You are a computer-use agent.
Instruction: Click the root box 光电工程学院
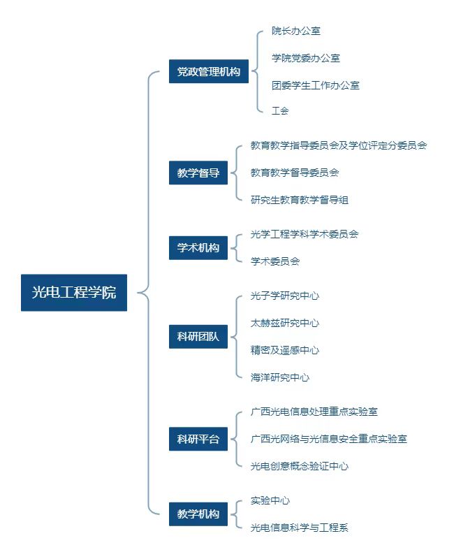pyautogui.click(x=74, y=292)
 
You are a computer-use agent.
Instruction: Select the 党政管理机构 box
pyautogui.click(x=208, y=71)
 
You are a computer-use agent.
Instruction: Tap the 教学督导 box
pyautogui.click(x=198, y=173)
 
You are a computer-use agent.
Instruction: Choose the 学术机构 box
pyautogui.click(x=198, y=248)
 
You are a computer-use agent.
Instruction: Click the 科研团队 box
pyautogui.click(x=198, y=337)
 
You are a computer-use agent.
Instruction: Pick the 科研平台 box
pyautogui.click(x=198, y=439)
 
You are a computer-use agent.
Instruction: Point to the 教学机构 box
pyautogui.click(x=198, y=514)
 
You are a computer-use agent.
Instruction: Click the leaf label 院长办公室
pyautogui.click(x=295, y=31)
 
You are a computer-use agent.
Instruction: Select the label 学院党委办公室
pyautogui.click(x=306, y=58)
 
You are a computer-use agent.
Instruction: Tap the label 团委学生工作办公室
pyautogui.click(x=316, y=85)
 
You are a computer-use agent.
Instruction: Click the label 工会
pyautogui.click(x=280, y=111)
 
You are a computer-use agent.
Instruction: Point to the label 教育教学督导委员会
pyautogui.click(x=295, y=173)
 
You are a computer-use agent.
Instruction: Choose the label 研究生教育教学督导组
pyautogui.click(x=300, y=200)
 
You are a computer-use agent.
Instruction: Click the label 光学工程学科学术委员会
pyautogui.click(x=305, y=234)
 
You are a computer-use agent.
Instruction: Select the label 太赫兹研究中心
pyautogui.click(x=285, y=323)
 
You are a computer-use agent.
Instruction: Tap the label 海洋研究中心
pyautogui.click(x=280, y=377)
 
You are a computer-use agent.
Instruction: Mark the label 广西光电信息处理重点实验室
pyautogui.click(x=314, y=412)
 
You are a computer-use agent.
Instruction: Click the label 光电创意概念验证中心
pyautogui.click(x=300, y=466)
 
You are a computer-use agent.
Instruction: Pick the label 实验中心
pyautogui.click(x=270, y=500)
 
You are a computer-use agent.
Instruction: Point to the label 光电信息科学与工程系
pyautogui.click(x=300, y=528)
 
